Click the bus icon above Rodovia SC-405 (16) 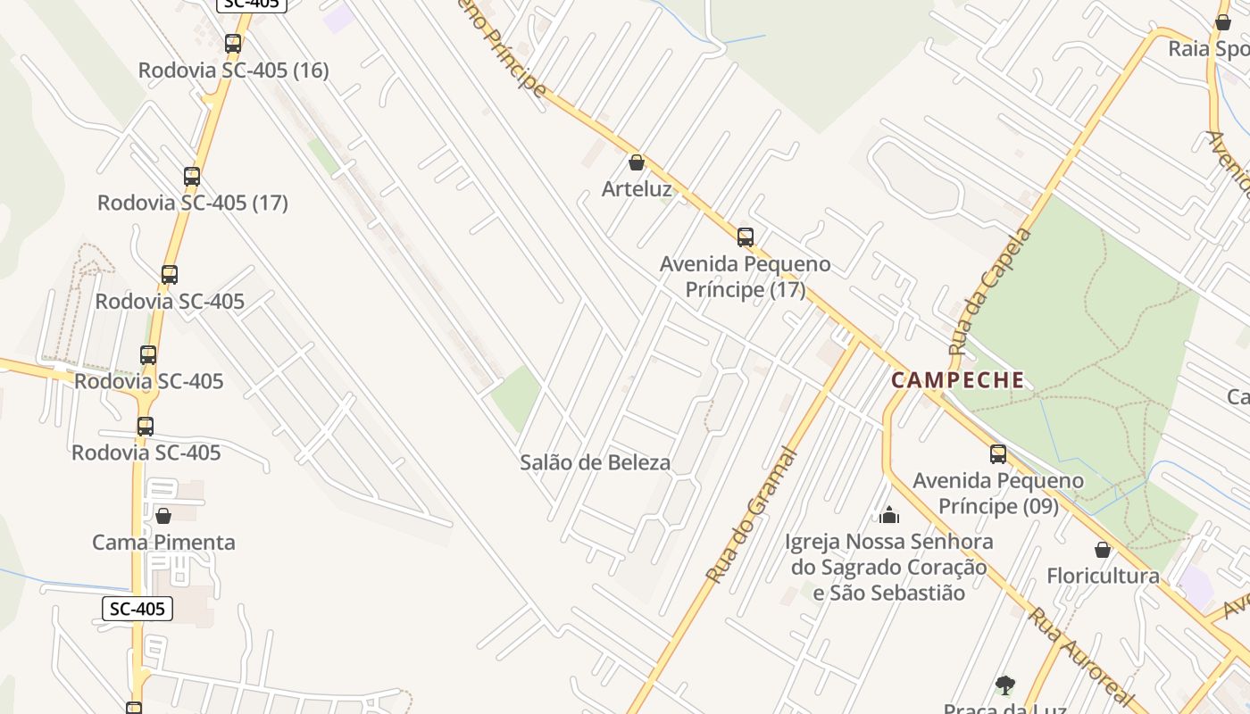(x=233, y=43)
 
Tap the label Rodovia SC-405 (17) (x=193, y=203)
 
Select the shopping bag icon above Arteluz (x=637, y=162)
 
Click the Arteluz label (x=637, y=188)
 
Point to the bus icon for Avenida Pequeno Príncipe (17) (x=746, y=237)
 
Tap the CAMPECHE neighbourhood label (x=958, y=380)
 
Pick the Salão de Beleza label (x=596, y=462)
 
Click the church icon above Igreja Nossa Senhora (x=888, y=515)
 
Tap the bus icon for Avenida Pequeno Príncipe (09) (x=998, y=454)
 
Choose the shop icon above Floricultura (x=1103, y=550)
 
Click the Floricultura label (x=1103, y=576)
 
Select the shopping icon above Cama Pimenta (x=163, y=516)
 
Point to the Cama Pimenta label (x=164, y=542)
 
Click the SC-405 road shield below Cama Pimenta (x=137, y=609)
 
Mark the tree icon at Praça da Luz (x=1005, y=685)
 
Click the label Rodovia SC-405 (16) (x=234, y=70)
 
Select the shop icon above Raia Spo (x=1223, y=22)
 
